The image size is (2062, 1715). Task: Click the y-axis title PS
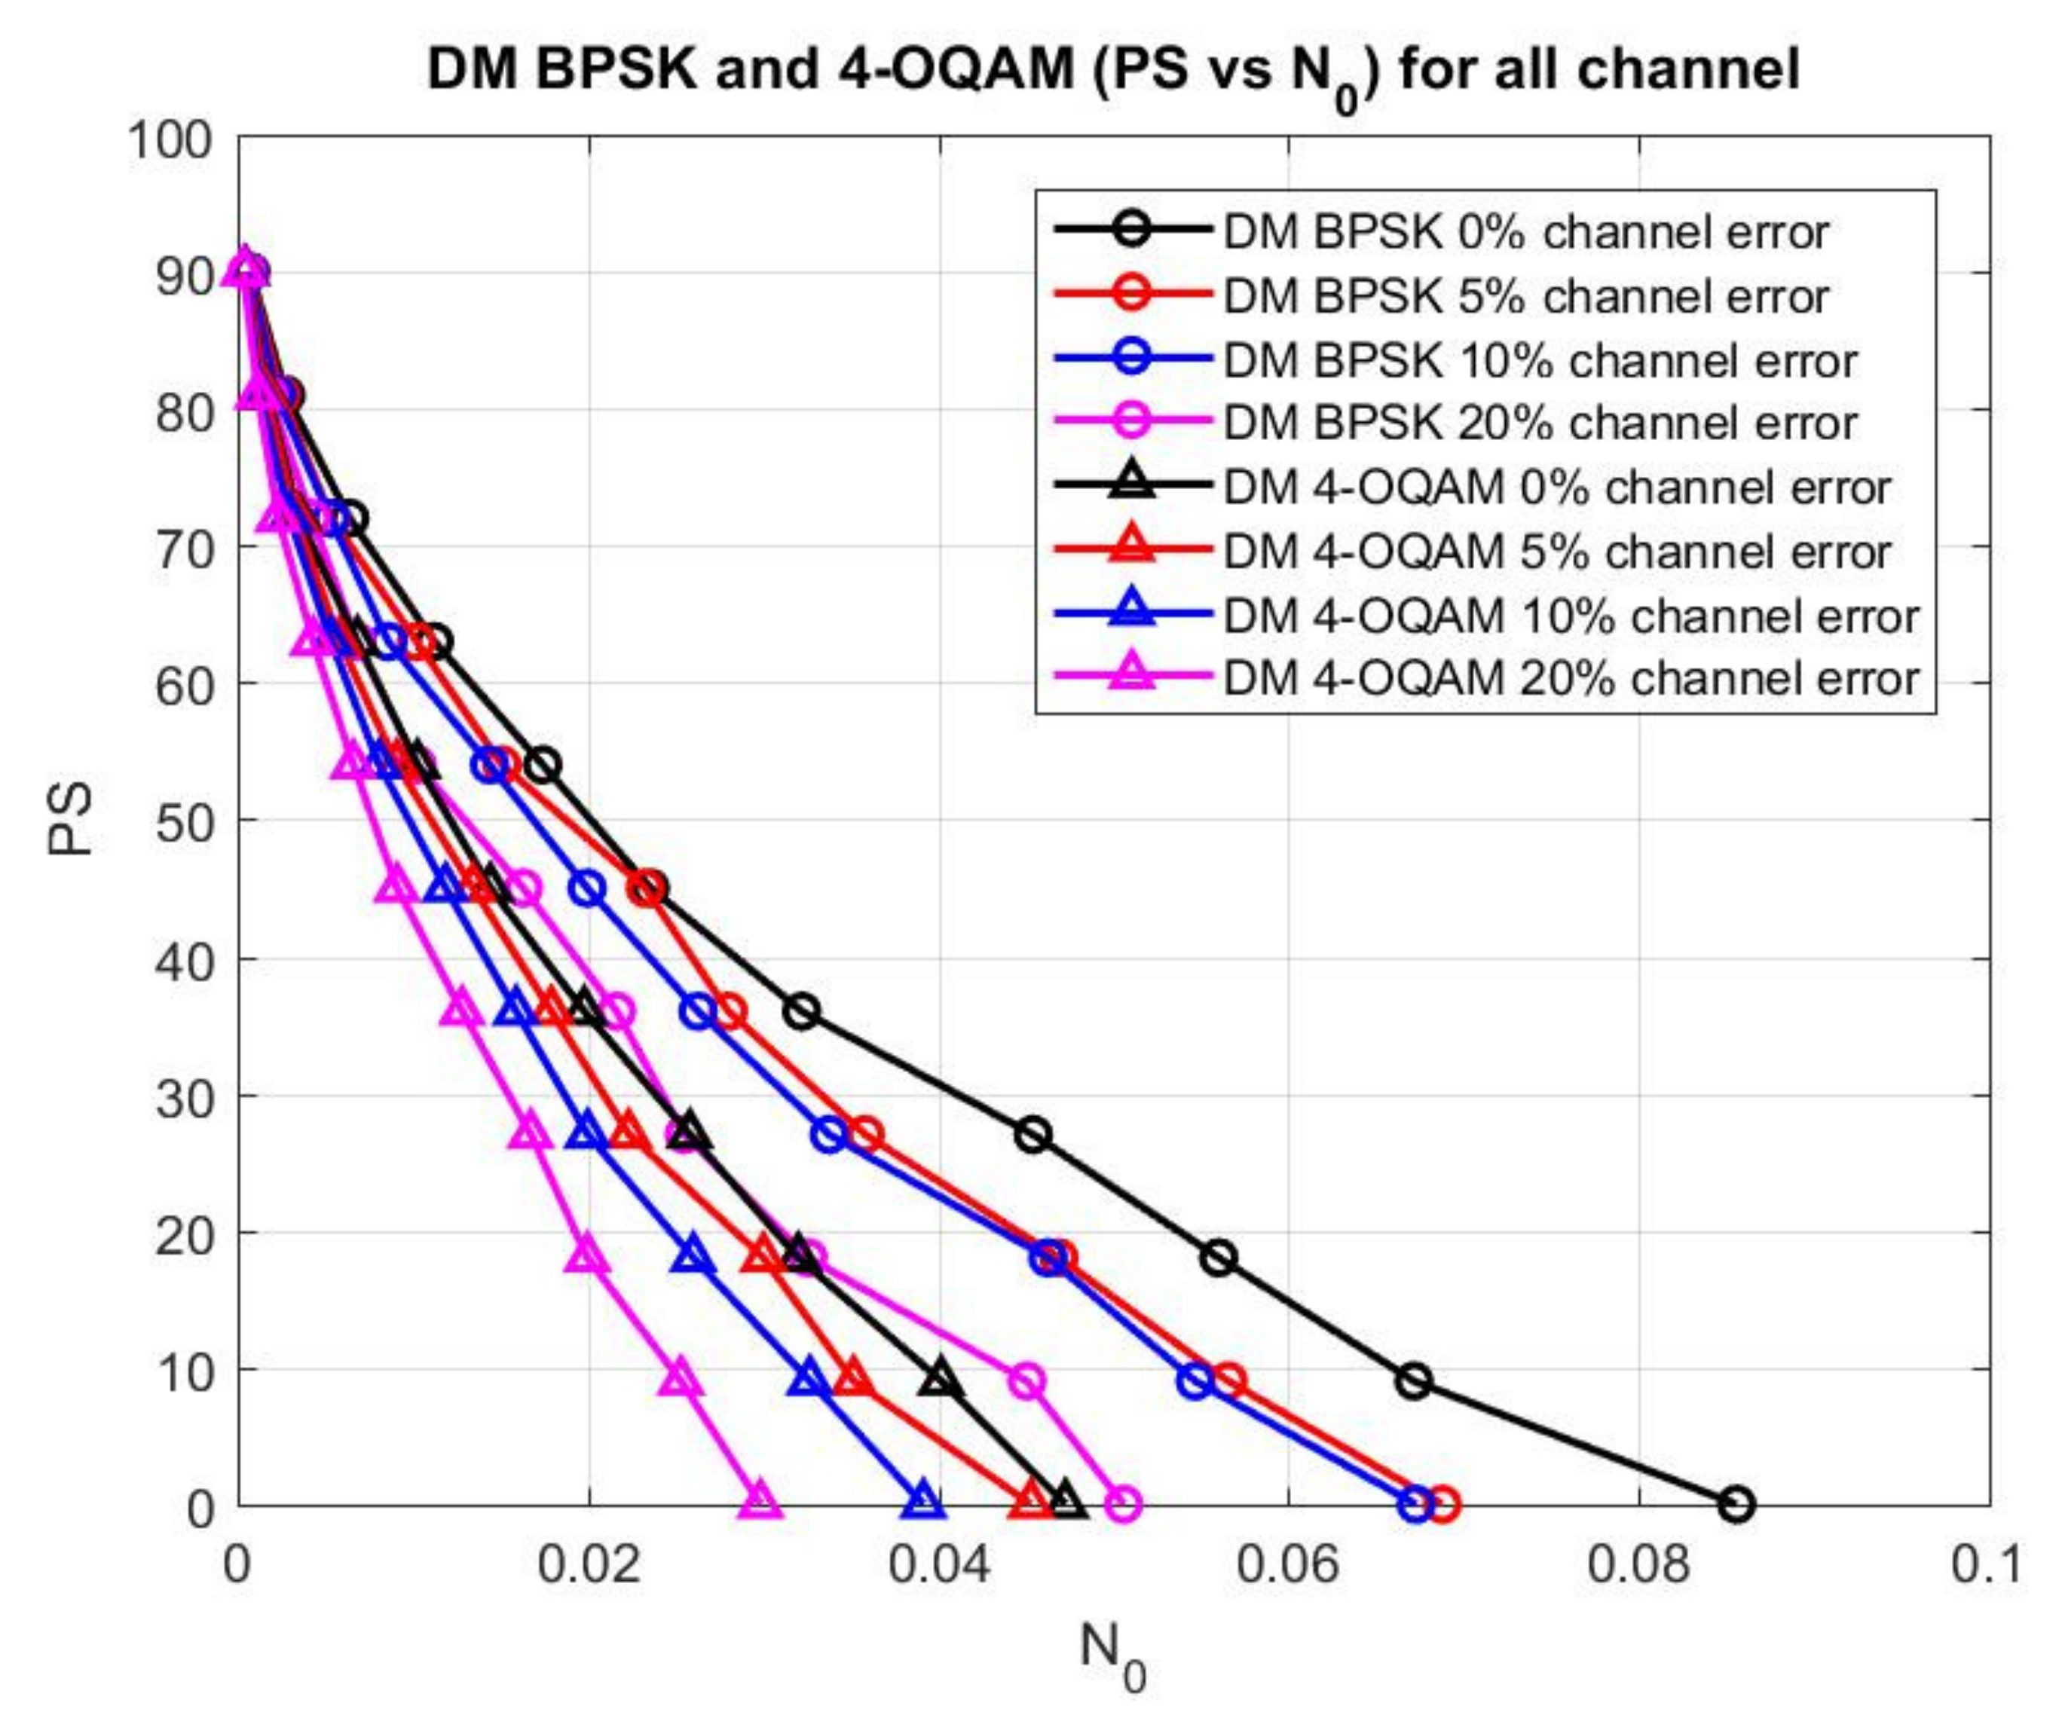coord(71,819)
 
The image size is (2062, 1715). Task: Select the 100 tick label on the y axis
coord(170,140)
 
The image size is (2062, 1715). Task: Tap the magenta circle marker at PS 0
coord(1124,1503)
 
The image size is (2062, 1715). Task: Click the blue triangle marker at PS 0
coord(922,1501)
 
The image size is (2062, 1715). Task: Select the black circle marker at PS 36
coord(802,1011)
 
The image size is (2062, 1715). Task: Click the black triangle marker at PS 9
coord(941,1379)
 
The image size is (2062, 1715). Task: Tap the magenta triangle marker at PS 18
coord(586,1255)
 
